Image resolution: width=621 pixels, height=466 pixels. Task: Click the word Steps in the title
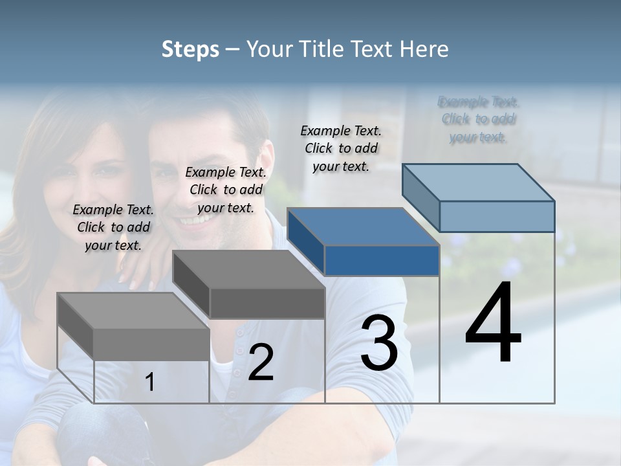190,49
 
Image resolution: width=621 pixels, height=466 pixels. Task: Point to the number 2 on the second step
261,362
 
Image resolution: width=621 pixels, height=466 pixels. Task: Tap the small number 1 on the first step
150,383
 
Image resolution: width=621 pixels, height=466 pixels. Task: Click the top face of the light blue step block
479,182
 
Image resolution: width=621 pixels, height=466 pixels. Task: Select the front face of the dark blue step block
382,261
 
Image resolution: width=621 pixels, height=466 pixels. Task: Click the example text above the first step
113,227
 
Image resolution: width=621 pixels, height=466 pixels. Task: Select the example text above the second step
226,190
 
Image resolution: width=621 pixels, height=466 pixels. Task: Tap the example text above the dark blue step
341,148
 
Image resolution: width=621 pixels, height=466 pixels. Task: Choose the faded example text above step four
479,119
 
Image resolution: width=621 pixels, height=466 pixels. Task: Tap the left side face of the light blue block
420,197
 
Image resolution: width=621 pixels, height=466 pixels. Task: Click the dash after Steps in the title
232,50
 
